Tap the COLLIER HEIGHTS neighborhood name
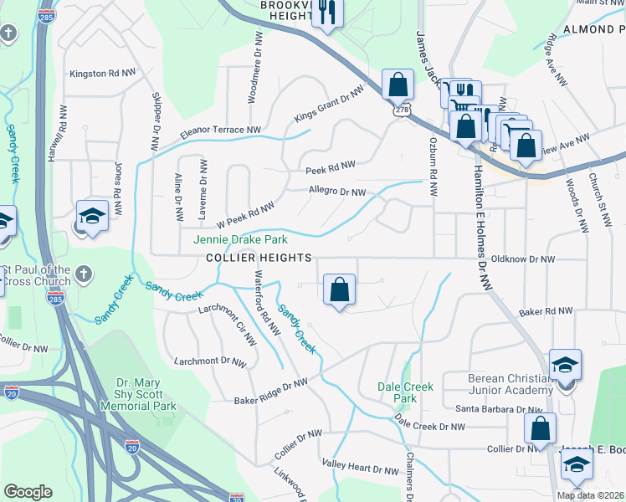259,258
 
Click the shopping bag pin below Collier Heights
339,291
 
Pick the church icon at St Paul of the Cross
82,274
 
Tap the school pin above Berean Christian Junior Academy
565,366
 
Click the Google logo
28,492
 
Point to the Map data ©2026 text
590,495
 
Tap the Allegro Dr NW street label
337,192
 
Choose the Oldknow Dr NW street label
523,259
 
